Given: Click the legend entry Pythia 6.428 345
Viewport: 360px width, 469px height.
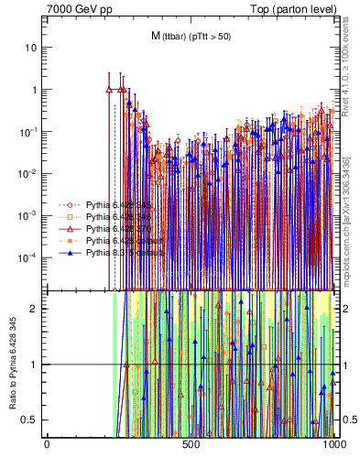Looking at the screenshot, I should pos(114,204).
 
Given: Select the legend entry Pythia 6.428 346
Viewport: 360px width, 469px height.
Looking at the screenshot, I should pos(114,216).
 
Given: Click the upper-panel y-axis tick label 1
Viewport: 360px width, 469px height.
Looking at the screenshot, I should pos(36,90).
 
